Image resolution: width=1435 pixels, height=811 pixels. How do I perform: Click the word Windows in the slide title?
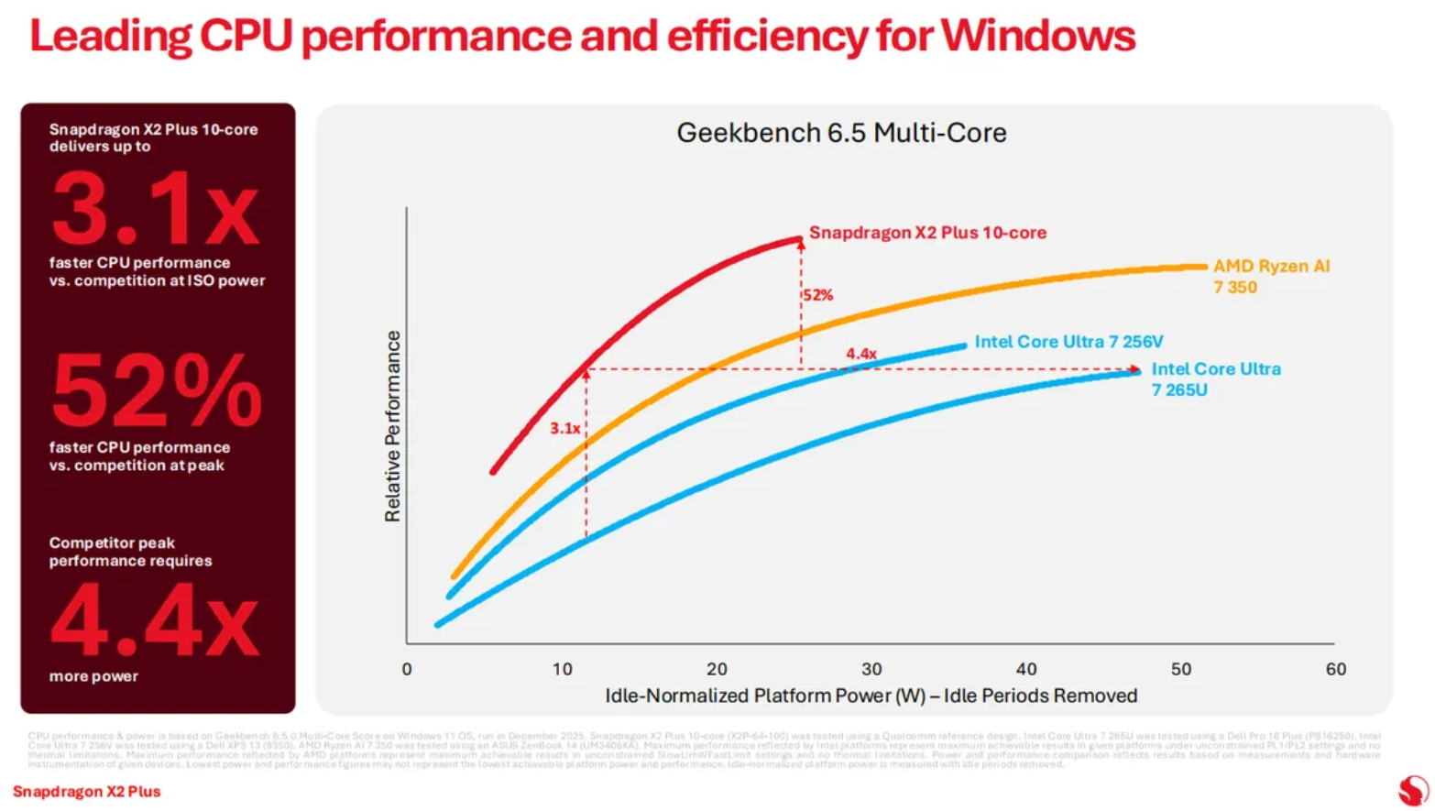tap(1037, 37)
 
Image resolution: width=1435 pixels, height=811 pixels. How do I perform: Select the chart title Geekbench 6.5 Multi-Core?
tap(841, 133)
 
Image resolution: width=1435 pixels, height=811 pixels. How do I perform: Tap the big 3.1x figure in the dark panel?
tap(155, 211)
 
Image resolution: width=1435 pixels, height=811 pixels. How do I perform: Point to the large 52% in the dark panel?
tap(157, 392)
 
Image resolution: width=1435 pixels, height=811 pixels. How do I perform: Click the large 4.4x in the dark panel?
tap(155, 621)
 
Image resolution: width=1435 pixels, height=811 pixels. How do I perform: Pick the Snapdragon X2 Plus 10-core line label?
tap(927, 233)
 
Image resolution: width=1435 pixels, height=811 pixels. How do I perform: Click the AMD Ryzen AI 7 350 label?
tap(1270, 276)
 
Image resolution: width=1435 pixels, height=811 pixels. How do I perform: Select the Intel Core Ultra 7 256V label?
tap(1068, 342)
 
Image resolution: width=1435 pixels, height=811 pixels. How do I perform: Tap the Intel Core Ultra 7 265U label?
tap(1215, 378)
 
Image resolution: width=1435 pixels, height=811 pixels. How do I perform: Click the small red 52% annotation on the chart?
tap(818, 295)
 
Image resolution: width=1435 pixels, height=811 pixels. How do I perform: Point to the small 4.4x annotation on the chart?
tap(861, 354)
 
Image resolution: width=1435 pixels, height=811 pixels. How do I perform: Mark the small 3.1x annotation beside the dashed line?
tap(564, 428)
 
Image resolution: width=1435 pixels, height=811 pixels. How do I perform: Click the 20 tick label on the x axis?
tap(717, 669)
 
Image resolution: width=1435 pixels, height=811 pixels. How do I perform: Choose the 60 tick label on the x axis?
tap(1335, 669)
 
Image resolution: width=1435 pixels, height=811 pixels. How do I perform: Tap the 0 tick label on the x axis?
tap(407, 669)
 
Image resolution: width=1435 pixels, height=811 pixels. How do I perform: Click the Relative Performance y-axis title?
tap(393, 426)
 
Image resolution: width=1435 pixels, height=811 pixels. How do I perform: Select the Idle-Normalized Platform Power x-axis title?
tap(871, 696)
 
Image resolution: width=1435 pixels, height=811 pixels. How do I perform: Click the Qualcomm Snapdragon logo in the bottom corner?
tap(1412, 790)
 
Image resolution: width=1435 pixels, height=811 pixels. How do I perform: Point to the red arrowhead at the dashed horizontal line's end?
tap(1136, 369)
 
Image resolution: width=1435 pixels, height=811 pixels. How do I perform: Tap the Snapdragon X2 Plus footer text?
tap(87, 791)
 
